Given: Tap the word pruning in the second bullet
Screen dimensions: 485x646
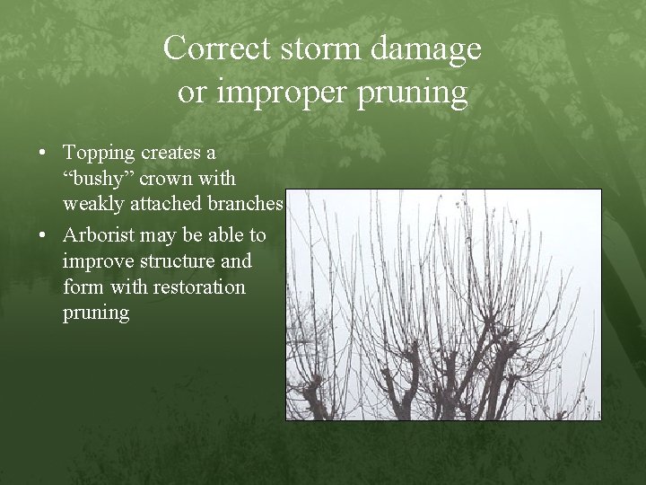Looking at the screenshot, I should click(x=96, y=313).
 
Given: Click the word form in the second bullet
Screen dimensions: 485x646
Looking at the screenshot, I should click(x=81, y=287).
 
